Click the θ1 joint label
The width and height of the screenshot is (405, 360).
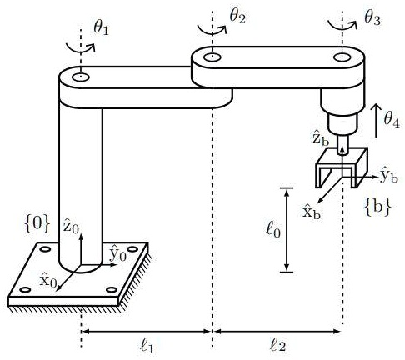pyautogui.click(x=101, y=28)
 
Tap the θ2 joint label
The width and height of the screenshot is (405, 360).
pyautogui.click(x=237, y=17)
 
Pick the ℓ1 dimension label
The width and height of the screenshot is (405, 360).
pyautogui.click(x=147, y=345)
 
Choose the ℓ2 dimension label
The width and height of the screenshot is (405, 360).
pyautogui.click(x=277, y=345)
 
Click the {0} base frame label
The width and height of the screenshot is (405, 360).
pyautogui.click(x=37, y=224)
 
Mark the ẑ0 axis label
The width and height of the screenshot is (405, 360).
pyautogui.click(x=71, y=226)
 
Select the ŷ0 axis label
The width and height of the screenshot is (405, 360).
pyautogui.click(x=118, y=253)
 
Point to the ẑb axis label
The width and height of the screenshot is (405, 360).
pyautogui.click(x=321, y=137)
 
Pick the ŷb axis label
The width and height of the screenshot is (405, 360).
pyautogui.click(x=389, y=175)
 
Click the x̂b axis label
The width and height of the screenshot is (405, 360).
pyautogui.click(x=311, y=212)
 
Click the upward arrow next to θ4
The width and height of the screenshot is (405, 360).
pyautogui.click(x=376, y=120)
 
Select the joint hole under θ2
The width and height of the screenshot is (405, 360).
pyautogui.click(x=212, y=57)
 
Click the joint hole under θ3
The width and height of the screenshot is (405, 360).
pyautogui.click(x=342, y=57)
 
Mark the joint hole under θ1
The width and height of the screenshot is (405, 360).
pyautogui.click(x=81, y=77)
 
